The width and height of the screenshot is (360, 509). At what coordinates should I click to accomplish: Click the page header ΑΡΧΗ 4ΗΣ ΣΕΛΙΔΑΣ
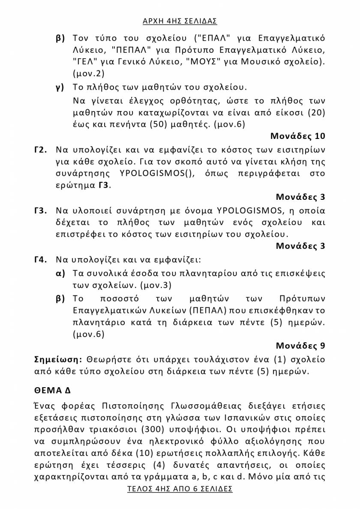pyautogui.click(x=180, y=20)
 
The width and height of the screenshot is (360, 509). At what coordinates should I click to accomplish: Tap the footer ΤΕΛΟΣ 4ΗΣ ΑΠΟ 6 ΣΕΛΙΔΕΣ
pyautogui.click(x=180, y=489)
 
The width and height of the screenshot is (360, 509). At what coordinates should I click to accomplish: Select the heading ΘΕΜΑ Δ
pyautogui.click(x=52, y=390)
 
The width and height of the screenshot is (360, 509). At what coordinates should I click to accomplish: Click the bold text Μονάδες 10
pyautogui.click(x=298, y=136)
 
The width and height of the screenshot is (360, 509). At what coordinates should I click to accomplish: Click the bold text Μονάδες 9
pyautogui.click(x=300, y=345)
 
